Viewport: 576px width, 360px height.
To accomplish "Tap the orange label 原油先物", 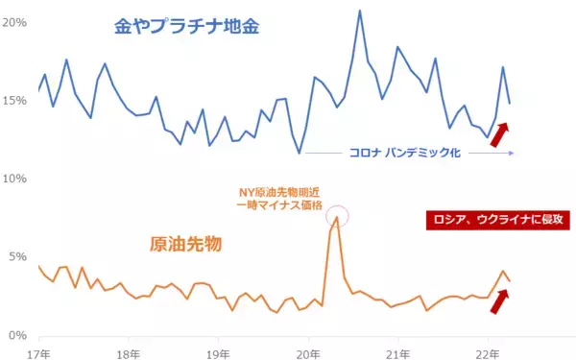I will tap(184, 244).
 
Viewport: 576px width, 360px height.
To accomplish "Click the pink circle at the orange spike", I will tap(337, 216).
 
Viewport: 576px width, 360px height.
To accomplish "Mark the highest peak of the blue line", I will tap(359, 11).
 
